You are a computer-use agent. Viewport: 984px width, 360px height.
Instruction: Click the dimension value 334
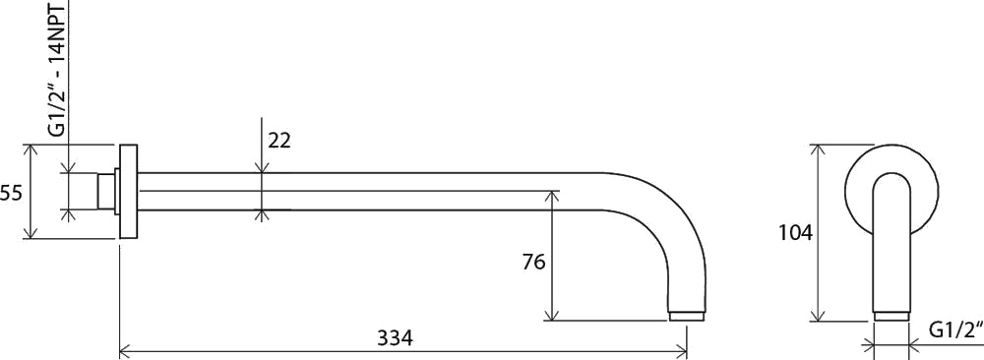[x=395, y=338]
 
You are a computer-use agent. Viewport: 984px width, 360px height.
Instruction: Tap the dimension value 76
[x=533, y=262]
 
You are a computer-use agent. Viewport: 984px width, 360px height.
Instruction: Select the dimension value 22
[x=279, y=141]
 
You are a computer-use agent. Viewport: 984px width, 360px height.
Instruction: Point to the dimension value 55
[x=11, y=193]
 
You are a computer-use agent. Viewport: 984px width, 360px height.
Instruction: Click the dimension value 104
[x=796, y=233]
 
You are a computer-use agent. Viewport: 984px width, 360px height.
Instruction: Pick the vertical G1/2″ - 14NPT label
[x=58, y=69]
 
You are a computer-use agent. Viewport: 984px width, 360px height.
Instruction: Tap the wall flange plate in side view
[x=128, y=191]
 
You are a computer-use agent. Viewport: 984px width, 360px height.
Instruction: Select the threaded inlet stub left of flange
[x=106, y=191]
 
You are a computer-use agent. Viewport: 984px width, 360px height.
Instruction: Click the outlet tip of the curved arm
[x=688, y=316]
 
